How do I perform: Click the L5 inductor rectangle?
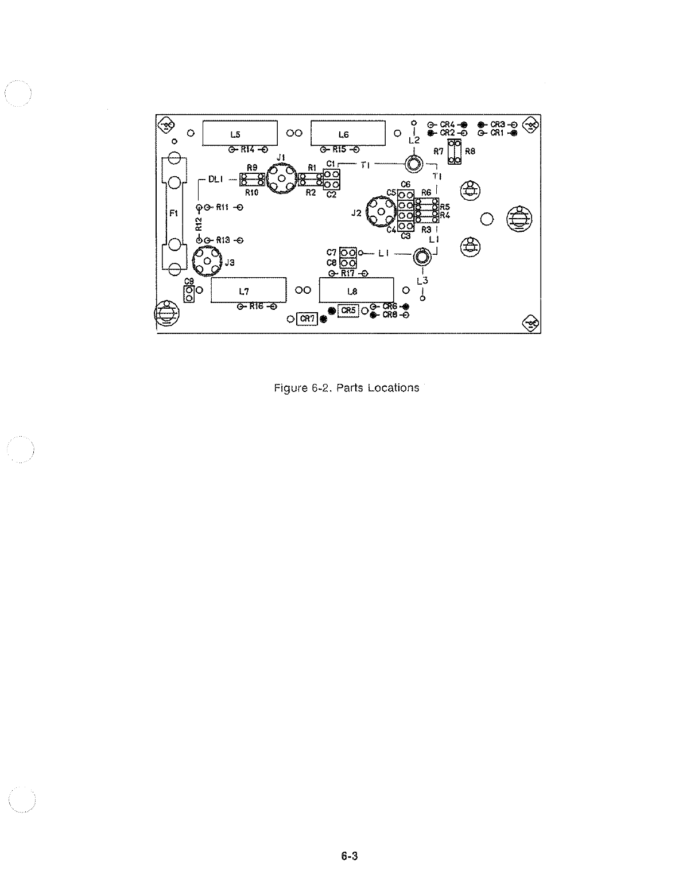point(240,134)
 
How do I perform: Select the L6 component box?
point(347,134)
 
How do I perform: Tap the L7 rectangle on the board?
point(249,291)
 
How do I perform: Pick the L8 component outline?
point(356,291)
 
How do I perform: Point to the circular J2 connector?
point(381,211)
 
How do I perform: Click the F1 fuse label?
point(174,213)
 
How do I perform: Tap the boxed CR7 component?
point(307,319)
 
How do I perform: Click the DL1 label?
point(215,180)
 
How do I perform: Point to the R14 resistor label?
point(248,149)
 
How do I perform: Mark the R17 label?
point(348,273)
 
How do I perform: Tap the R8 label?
point(470,152)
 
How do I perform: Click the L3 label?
point(422,281)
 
